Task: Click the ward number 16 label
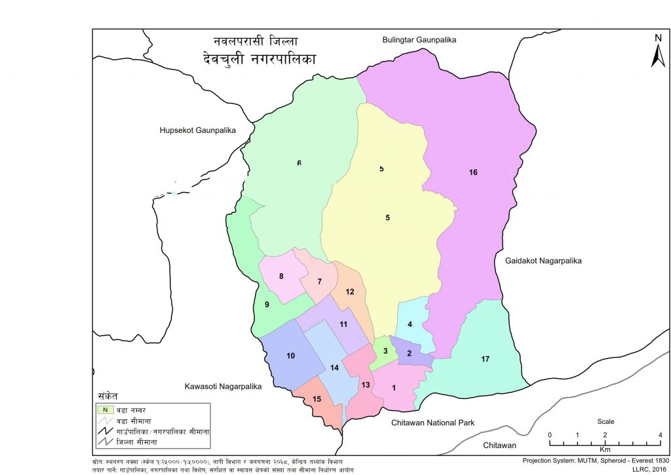pos(473,172)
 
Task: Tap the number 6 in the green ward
pos(299,163)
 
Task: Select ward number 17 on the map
pos(485,359)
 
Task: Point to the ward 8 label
pos(281,276)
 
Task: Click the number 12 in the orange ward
pos(350,292)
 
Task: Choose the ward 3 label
pos(386,351)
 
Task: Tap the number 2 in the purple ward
pos(409,354)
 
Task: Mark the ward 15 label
pos(316,399)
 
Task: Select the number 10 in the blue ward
pos(290,356)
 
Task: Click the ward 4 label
pos(410,324)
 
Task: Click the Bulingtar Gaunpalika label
pos(419,40)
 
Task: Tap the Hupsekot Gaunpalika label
pos(197,130)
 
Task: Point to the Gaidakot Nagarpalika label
pos(543,261)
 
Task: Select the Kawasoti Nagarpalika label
pos(223,387)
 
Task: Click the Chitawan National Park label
pos(432,423)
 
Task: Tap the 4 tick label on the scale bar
pos(659,436)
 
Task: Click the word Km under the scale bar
pos(604,451)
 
